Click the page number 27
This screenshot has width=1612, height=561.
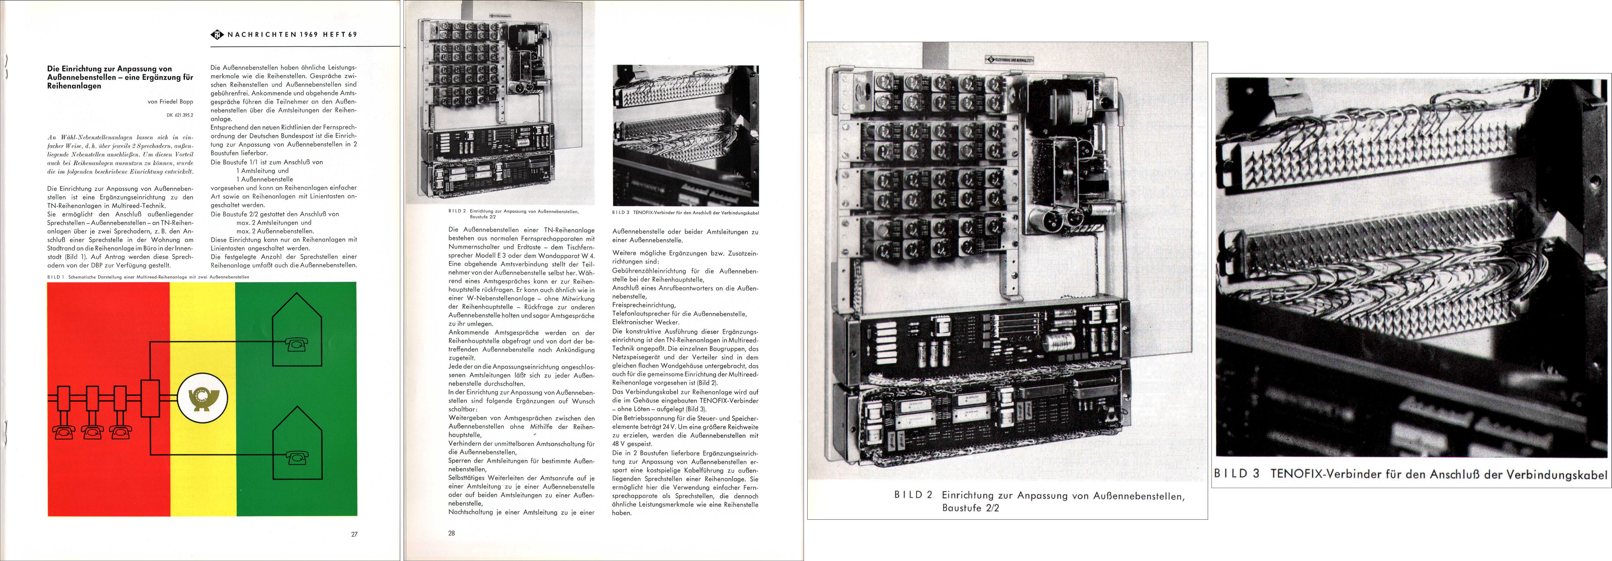(354, 534)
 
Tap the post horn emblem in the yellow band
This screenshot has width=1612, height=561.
(202, 398)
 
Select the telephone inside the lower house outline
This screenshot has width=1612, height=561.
(297, 458)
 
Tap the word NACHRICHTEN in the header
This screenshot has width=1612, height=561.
(262, 35)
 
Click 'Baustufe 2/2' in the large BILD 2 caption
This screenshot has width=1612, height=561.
(970, 508)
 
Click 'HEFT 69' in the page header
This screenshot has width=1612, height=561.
(340, 35)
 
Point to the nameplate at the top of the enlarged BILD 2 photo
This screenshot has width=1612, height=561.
(1009, 60)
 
